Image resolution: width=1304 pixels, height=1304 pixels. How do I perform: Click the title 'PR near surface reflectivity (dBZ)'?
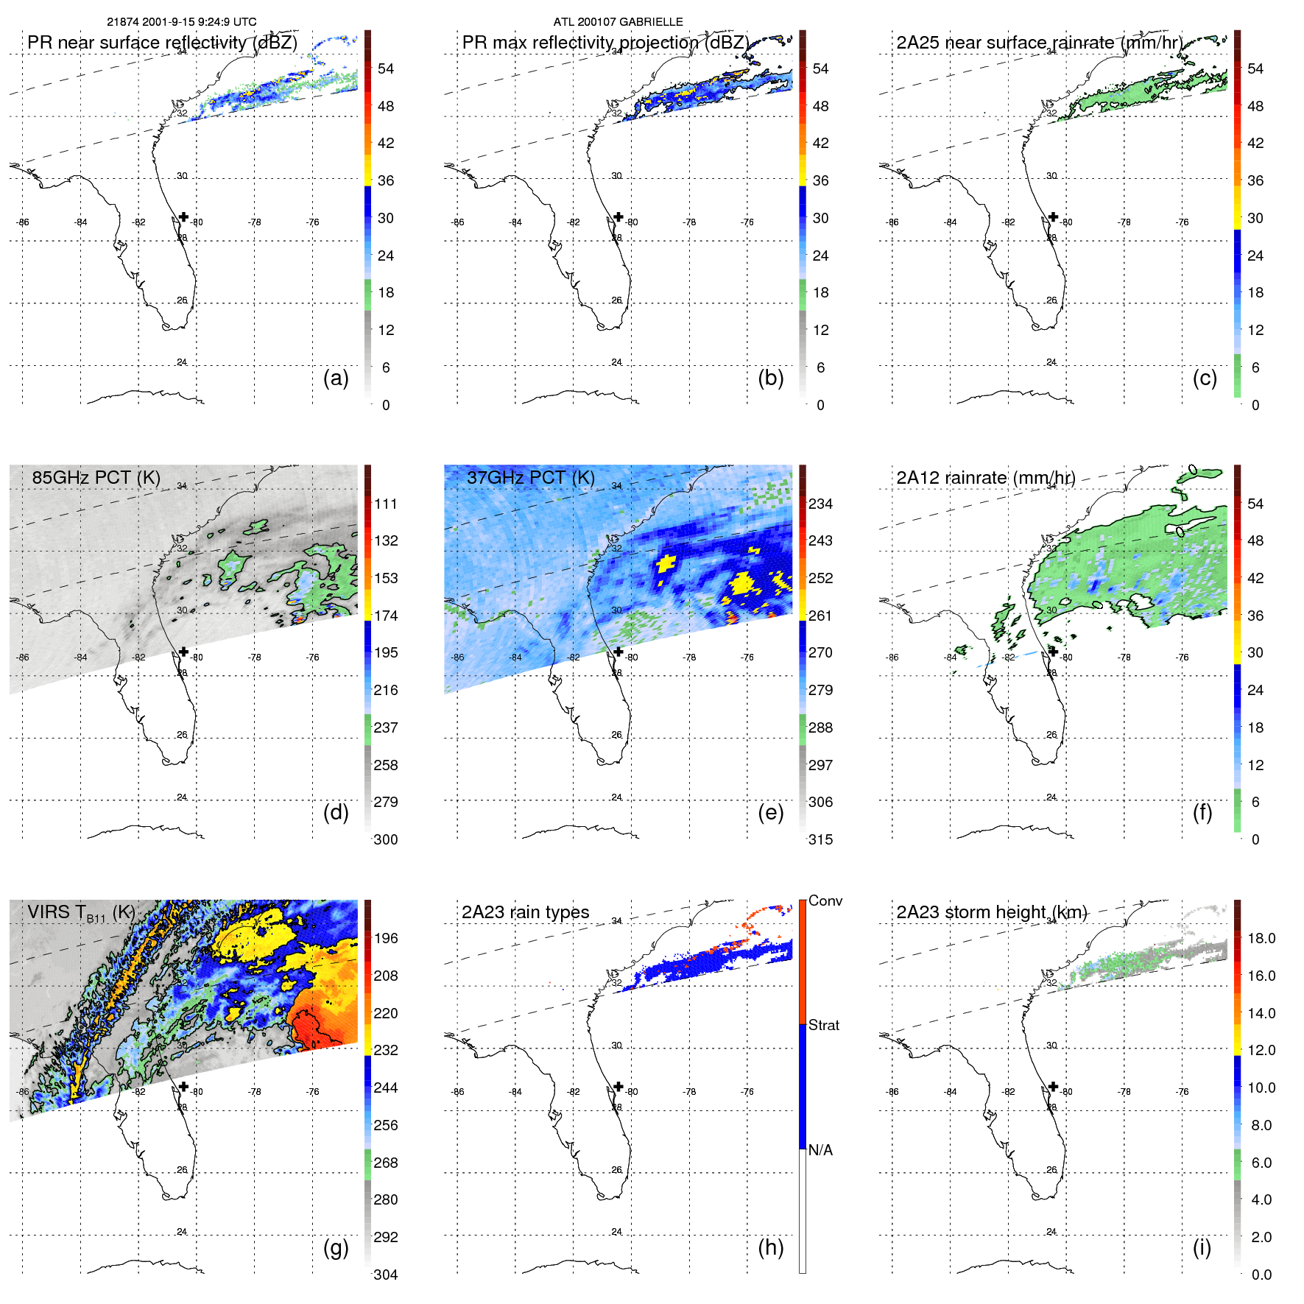point(162,43)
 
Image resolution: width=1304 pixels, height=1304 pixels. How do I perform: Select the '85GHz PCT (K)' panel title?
point(96,477)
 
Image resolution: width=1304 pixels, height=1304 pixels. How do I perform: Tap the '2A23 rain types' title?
point(525,912)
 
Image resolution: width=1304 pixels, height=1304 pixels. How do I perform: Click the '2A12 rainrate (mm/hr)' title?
point(985,477)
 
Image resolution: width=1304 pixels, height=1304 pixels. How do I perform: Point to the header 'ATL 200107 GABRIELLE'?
point(618,21)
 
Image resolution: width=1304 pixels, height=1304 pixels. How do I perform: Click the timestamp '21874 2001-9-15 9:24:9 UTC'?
point(181,21)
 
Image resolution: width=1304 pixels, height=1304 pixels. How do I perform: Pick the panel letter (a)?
point(336,378)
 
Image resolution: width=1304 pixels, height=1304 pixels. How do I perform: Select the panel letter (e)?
point(770,812)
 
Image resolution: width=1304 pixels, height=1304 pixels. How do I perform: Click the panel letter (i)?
point(1202,1247)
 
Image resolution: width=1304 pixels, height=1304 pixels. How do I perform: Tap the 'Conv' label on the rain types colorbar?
point(825,901)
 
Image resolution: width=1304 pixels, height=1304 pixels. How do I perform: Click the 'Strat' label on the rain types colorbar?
point(823,1025)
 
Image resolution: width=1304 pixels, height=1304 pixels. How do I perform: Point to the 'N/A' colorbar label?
point(820,1150)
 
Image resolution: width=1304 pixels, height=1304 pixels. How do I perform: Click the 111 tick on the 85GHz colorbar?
point(386,504)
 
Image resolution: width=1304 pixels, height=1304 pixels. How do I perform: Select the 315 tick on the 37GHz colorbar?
point(820,839)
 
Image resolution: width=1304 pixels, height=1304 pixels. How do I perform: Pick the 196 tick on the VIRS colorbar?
point(386,938)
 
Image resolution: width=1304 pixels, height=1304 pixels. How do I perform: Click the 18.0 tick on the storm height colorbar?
point(1261,938)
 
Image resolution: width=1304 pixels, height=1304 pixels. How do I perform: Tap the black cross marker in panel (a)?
point(184,216)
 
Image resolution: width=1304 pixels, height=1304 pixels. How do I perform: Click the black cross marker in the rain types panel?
point(618,1086)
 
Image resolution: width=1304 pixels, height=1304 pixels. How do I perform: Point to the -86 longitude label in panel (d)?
point(23,658)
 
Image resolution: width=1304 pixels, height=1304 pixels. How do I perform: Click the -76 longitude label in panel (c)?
point(1183,222)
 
